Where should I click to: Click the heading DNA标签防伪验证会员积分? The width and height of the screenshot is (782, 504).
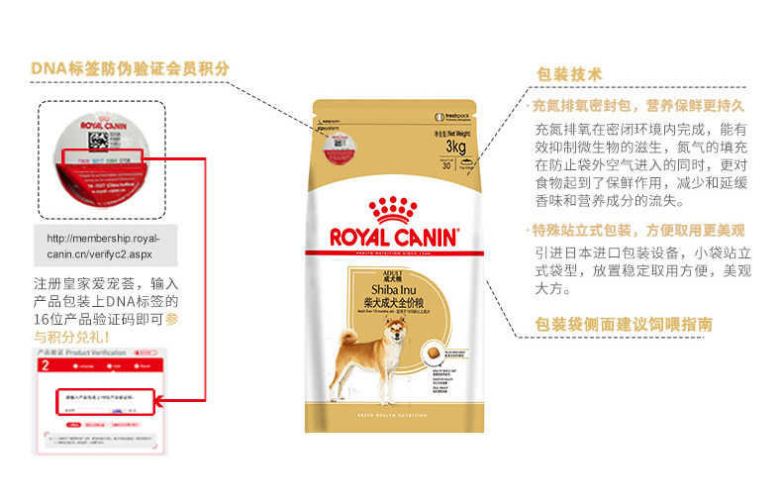pyautogui.click(x=130, y=68)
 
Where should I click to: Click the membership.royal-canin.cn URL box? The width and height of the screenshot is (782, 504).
pyautogui.click(x=107, y=246)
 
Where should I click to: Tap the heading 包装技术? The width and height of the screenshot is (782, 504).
pyautogui.click(x=568, y=74)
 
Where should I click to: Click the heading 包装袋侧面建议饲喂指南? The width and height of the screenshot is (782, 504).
pyautogui.click(x=623, y=325)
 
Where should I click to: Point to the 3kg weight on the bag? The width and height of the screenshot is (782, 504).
pyautogui.click(x=456, y=148)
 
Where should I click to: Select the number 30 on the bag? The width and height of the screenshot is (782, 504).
pyautogui.click(x=446, y=165)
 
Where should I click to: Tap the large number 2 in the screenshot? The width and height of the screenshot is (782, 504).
pyautogui.click(x=45, y=365)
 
